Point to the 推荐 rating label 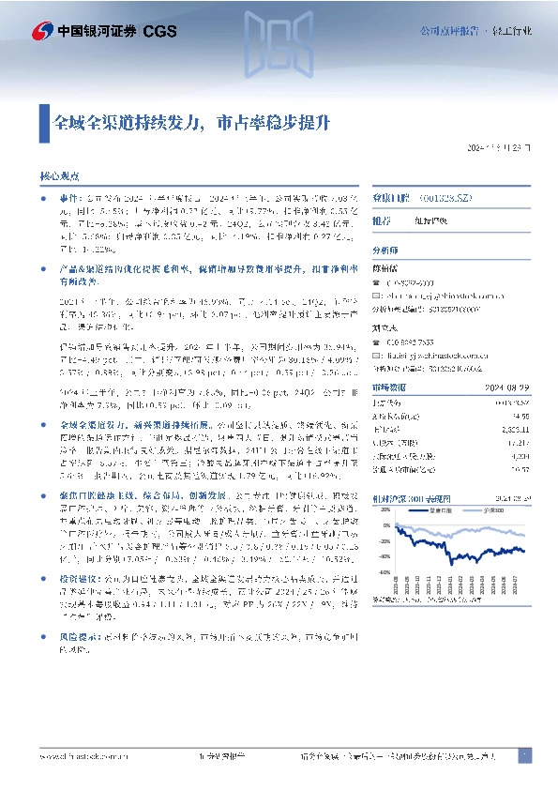click(383, 221)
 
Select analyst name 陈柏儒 click(387, 268)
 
